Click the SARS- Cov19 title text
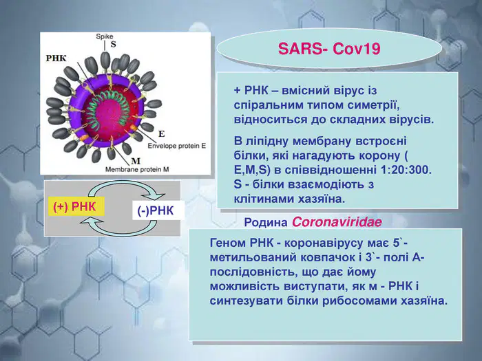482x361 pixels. (329, 49)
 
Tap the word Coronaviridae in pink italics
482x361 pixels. (337, 222)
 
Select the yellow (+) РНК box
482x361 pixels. (76, 206)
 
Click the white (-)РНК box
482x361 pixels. (158, 210)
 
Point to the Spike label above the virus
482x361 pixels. (105, 36)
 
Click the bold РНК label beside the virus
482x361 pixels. (56, 58)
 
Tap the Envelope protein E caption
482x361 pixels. (177, 146)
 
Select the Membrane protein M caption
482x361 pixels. (137, 169)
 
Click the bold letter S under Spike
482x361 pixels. (114, 45)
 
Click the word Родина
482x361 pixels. (266, 223)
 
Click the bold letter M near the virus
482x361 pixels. (136, 161)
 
